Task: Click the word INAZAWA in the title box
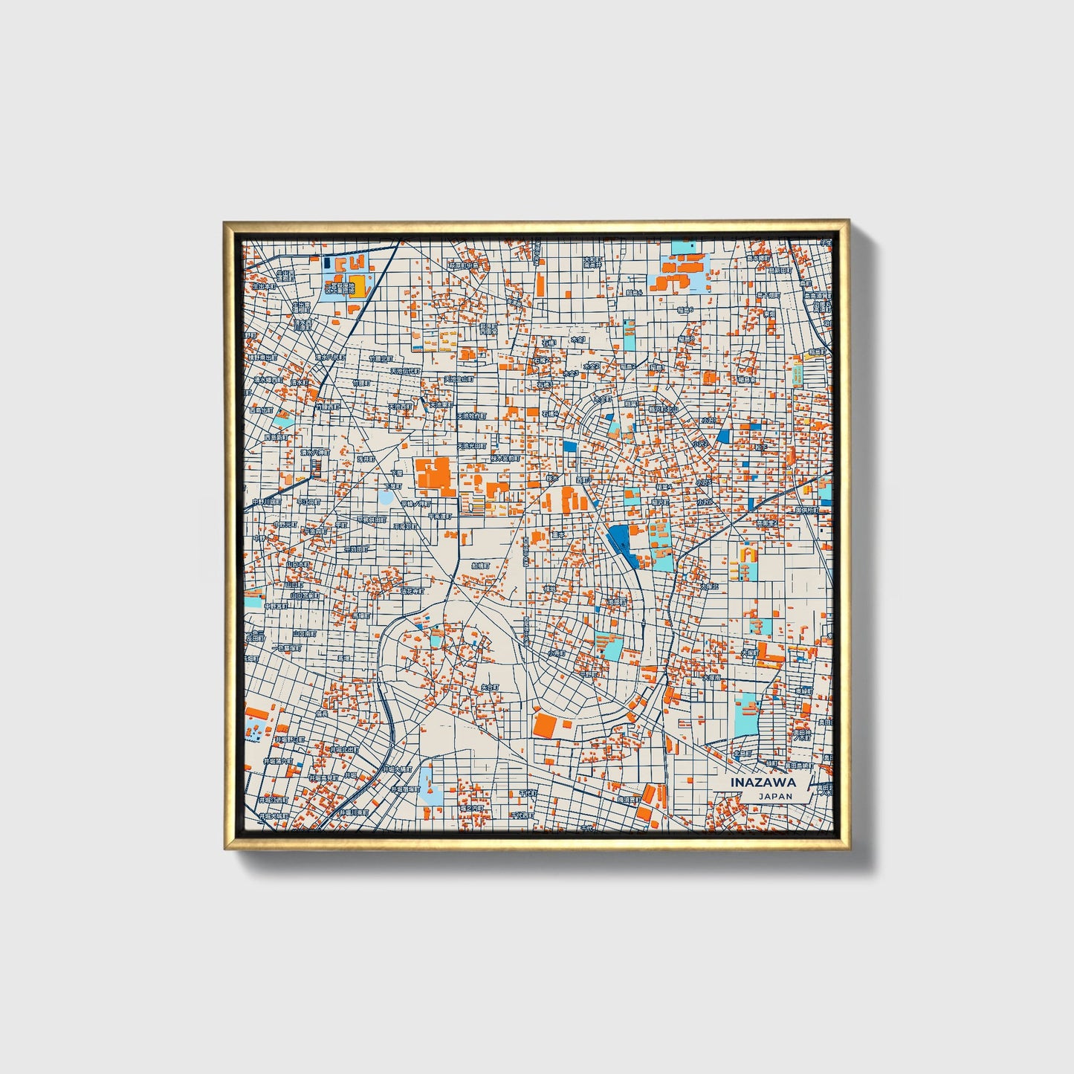[763, 782]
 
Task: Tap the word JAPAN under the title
[775, 796]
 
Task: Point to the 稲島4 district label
[664, 487]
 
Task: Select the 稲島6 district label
[685, 310]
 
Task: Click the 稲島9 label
[685, 339]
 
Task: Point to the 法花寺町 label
[413, 592]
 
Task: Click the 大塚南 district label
[711, 678]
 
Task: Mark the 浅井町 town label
[366, 460]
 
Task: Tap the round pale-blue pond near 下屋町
[386, 497]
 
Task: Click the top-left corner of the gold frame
[225, 222]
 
